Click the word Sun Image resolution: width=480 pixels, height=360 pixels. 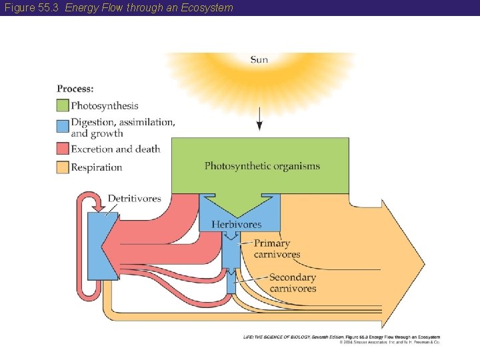click(259, 59)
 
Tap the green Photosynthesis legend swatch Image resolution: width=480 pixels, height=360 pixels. click(63, 105)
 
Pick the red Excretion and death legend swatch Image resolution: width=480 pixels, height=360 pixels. click(63, 149)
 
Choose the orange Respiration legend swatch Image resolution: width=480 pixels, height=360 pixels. click(63, 167)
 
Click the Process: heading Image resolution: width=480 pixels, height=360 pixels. click(75, 88)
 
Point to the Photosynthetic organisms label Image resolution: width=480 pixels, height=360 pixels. click(262, 166)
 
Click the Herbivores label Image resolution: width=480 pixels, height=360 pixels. click(236, 224)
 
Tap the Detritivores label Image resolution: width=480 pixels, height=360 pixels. click(134, 198)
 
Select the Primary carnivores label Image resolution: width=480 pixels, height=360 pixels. click(277, 249)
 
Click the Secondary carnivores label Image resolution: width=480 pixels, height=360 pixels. click(293, 283)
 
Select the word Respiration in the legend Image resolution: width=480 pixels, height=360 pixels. click(97, 167)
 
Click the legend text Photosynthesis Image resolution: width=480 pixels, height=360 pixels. click(105, 105)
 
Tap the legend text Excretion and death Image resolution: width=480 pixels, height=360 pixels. click(115, 149)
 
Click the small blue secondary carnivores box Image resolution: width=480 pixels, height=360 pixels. click(231, 284)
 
